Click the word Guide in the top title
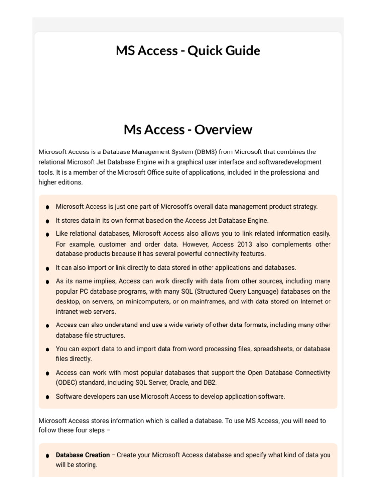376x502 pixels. point(241,50)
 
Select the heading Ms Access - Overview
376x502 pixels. point(188,130)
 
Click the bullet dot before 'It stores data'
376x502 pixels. point(47,221)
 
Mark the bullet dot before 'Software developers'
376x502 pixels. point(47,397)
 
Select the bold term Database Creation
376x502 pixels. point(83,455)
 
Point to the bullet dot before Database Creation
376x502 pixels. point(47,456)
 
